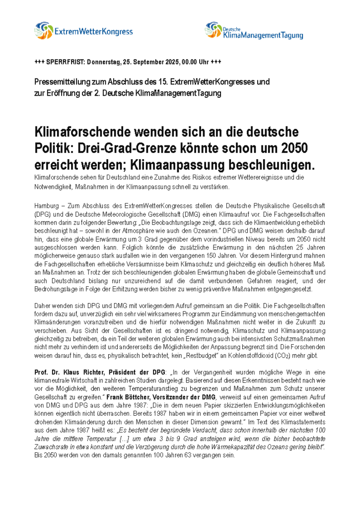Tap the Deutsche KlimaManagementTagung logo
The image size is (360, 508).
254,31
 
